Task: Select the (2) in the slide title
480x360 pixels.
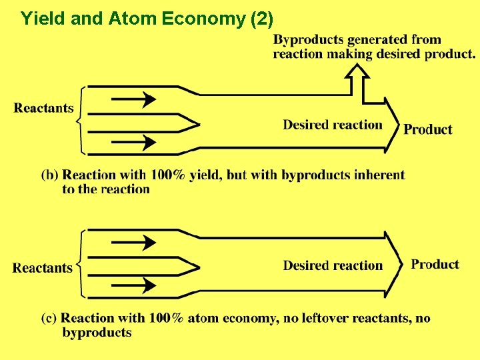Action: [261, 19]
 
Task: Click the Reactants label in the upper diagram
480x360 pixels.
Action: [44, 108]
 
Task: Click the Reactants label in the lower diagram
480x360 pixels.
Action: [43, 268]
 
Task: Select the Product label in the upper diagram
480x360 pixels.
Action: [428, 129]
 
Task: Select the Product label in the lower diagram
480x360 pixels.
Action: [435, 264]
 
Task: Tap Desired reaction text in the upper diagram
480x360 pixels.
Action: [333, 125]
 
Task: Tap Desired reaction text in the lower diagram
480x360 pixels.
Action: [333, 265]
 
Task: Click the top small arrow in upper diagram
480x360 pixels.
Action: [133, 100]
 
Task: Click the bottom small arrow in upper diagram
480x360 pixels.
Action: [133, 142]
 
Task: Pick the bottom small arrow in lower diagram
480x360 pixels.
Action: [133, 286]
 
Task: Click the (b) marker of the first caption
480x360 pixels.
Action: [50, 175]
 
